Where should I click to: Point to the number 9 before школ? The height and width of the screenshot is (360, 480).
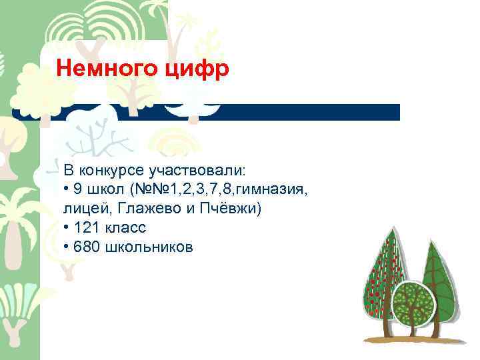click(79, 191)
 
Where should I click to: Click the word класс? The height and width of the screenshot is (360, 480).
click(124, 229)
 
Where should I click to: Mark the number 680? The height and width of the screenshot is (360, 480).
click(87, 247)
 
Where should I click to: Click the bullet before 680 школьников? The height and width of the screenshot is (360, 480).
click(67, 248)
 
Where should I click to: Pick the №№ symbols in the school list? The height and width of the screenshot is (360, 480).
click(150, 191)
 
